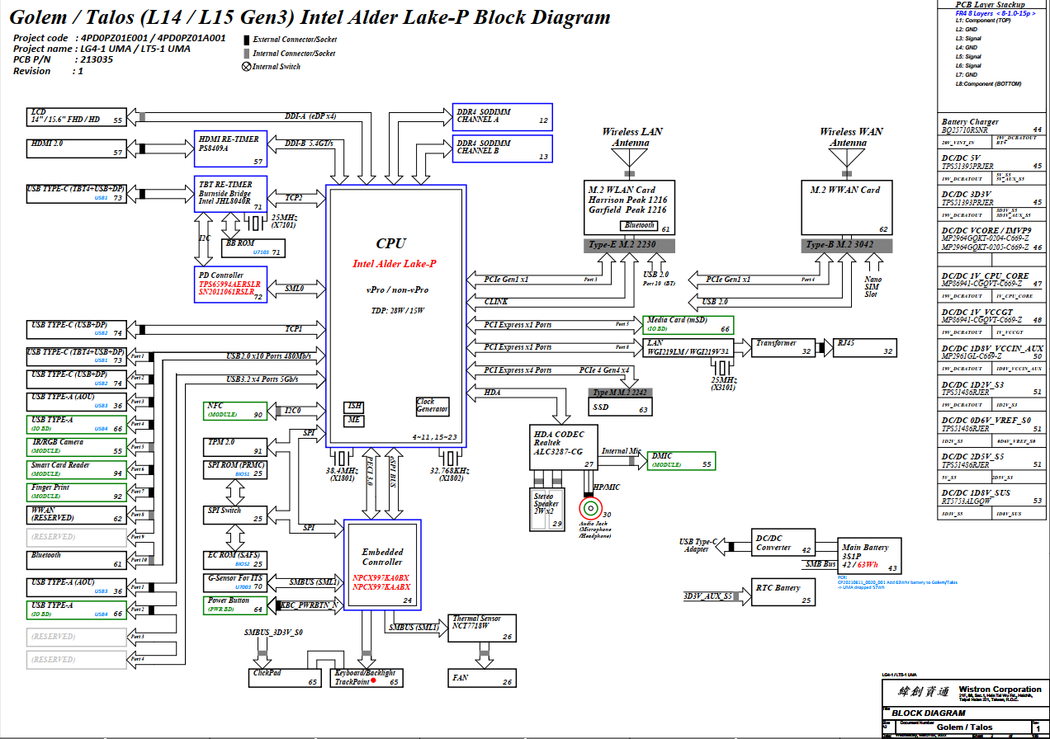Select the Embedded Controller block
pos(382,565)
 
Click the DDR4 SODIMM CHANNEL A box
pos(503,117)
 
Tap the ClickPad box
pos(286,677)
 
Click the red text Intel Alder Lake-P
pos(395,264)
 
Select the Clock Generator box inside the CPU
pos(432,406)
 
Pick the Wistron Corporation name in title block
pos(1004,690)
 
